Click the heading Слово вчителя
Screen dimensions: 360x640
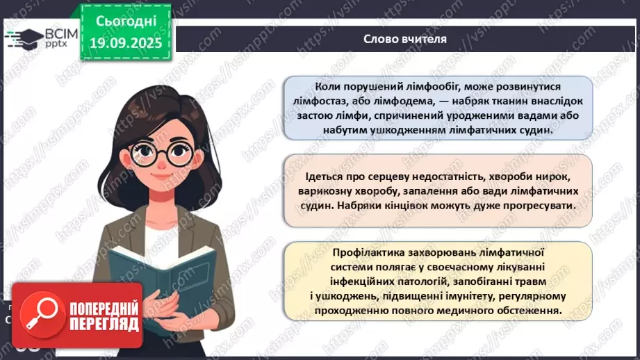(404, 38)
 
